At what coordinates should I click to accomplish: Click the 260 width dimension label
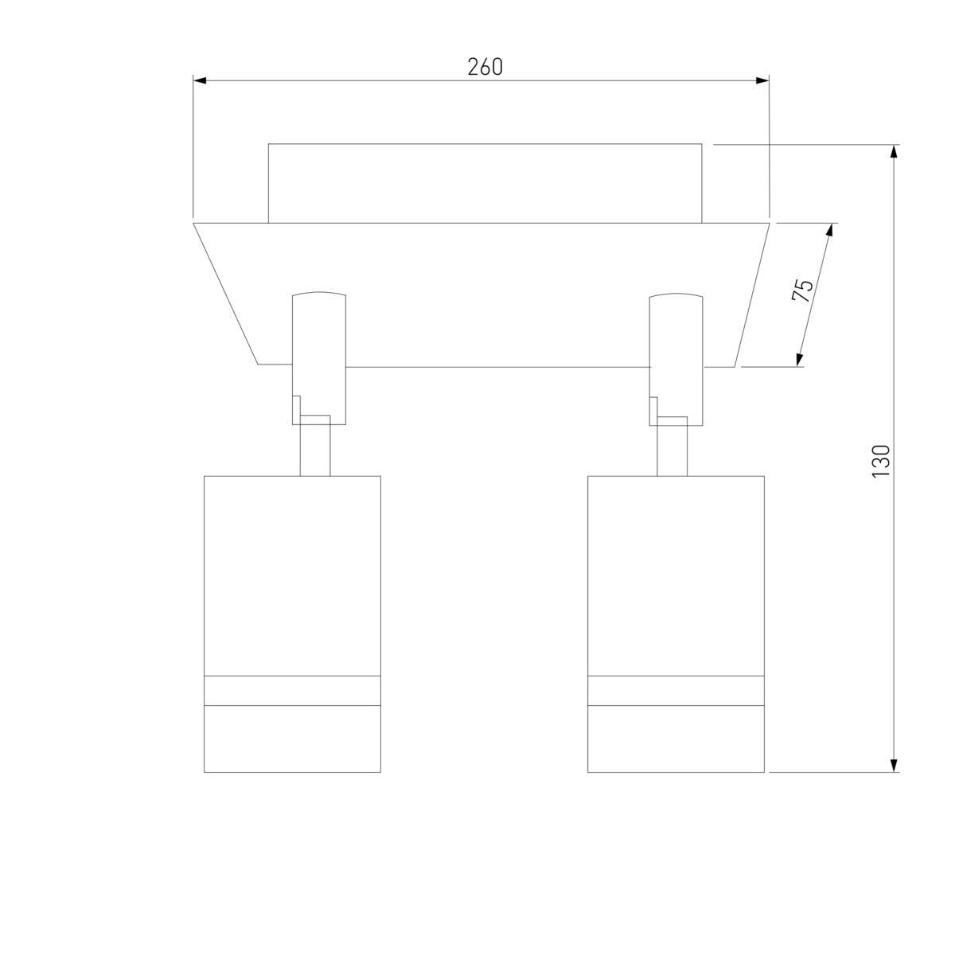485,67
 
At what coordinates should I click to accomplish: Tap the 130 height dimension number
881,462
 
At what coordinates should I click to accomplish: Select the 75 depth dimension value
802,291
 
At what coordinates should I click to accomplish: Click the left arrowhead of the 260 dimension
200,81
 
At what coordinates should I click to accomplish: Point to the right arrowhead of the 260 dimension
762,81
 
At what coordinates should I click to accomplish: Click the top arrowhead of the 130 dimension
894,151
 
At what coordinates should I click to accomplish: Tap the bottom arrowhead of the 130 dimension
894,765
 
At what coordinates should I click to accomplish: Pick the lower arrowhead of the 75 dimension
799,360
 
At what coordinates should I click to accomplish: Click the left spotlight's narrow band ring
292,690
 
